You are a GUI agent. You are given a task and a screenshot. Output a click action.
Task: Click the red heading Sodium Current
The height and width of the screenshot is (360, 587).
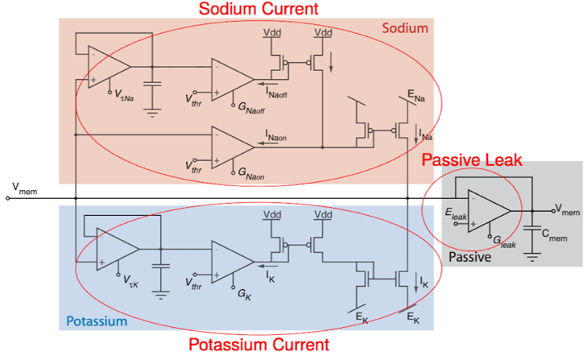(x=258, y=9)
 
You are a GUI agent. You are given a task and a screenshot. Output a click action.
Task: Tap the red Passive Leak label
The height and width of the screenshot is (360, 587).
(x=472, y=160)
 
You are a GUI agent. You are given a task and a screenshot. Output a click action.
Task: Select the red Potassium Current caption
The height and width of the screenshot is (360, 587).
(x=258, y=345)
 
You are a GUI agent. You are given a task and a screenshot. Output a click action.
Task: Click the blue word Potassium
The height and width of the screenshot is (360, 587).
(x=97, y=321)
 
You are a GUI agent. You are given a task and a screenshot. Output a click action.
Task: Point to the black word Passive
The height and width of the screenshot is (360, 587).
(x=469, y=257)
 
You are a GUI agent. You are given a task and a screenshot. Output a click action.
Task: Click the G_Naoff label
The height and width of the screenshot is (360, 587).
(x=251, y=108)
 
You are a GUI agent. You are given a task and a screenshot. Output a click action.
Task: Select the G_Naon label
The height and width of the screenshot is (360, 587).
(x=251, y=174)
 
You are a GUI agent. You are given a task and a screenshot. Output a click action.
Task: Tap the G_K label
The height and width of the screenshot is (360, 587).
(x=244, y=295)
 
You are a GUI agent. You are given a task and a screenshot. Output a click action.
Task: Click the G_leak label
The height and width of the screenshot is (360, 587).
(x=504, y=242)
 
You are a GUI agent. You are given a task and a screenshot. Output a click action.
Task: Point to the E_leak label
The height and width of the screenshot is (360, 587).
(x=456, y=214)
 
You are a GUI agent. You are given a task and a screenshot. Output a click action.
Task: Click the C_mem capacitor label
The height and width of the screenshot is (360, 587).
(x=555, y=235)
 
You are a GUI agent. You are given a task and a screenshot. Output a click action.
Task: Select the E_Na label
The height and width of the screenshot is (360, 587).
(x=416, y=96)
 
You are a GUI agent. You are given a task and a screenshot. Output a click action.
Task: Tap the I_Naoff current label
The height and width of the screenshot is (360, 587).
(x=276, y=93)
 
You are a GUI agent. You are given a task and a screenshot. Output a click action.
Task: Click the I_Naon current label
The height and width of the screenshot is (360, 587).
(x=276, y=135)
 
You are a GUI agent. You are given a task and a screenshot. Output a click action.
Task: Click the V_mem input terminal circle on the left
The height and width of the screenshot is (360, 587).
(x=7, y=198)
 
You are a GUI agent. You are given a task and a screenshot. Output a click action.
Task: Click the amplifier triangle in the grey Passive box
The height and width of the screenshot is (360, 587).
(x=489, y=211)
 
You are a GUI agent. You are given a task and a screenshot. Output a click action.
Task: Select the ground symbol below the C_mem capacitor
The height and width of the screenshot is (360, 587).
(x=532, y=257)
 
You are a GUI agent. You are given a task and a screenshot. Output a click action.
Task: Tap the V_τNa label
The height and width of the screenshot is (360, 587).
(x=124, y=95)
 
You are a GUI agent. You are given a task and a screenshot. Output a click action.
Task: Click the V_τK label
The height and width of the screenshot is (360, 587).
(x=130, y=281)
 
